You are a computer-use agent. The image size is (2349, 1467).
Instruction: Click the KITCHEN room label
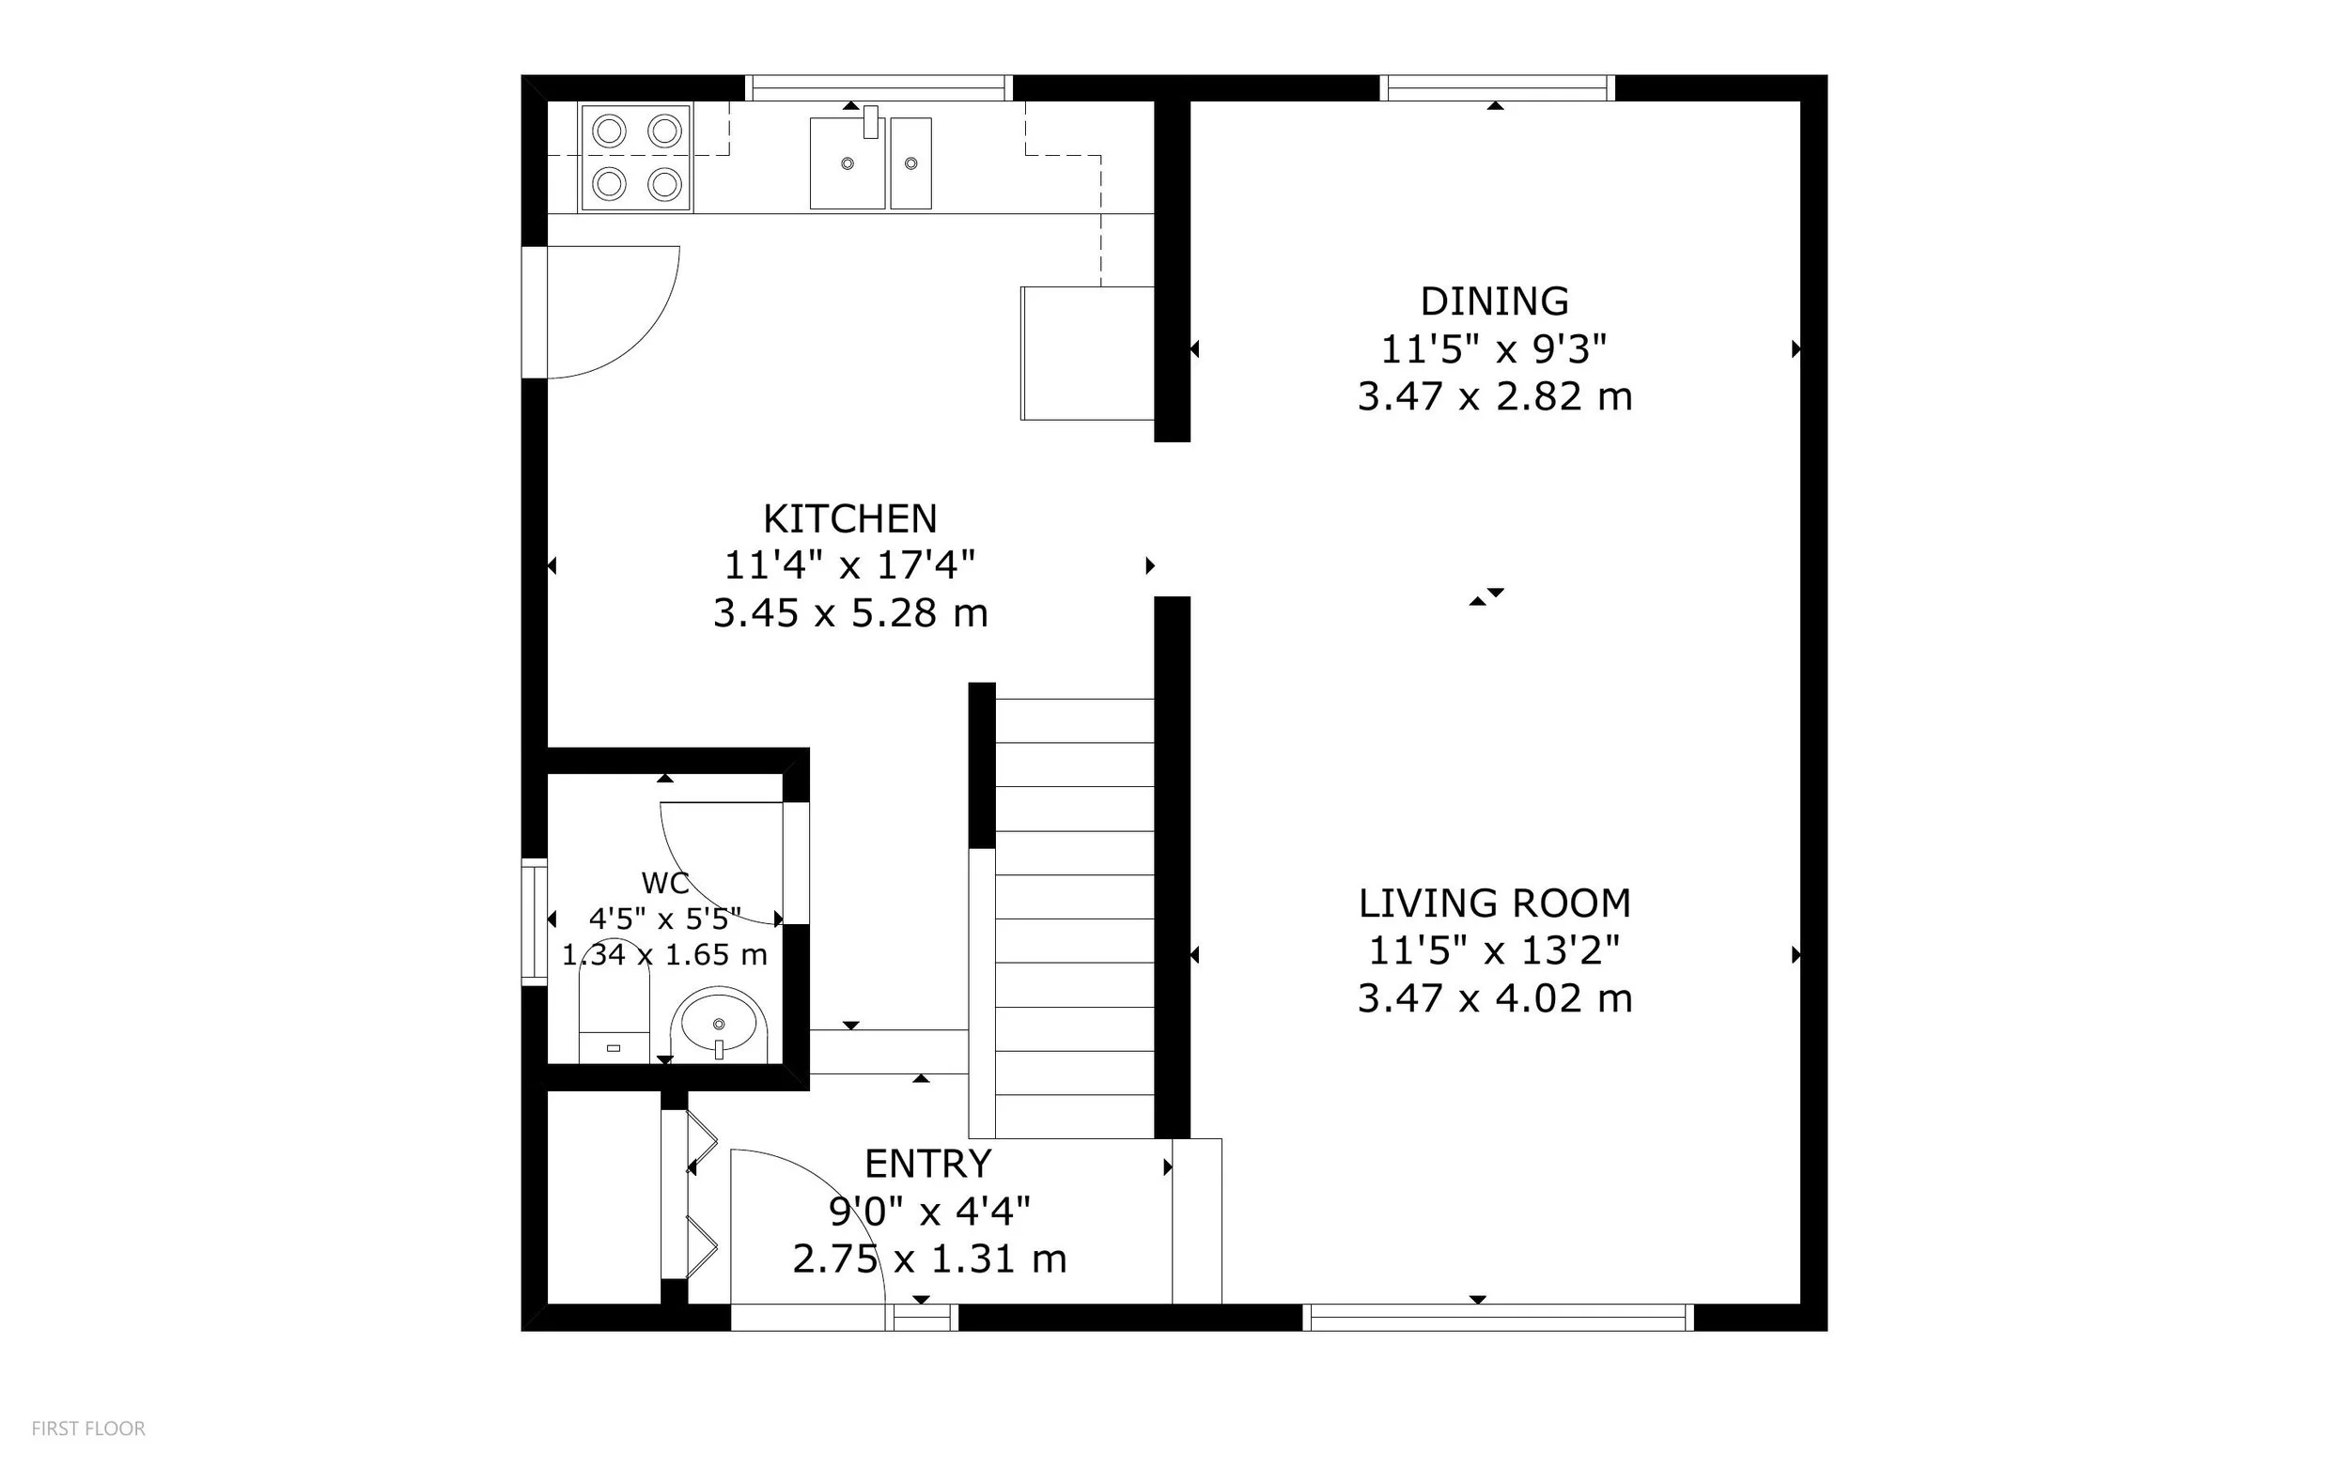coord(850,519)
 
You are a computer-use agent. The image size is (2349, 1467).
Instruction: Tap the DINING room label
coord(1495,301)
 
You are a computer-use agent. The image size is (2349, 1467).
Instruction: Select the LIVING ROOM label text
coord(1495,903)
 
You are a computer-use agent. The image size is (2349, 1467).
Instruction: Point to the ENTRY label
coord(928,1164)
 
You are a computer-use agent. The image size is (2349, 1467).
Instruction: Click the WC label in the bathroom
coord(665,883)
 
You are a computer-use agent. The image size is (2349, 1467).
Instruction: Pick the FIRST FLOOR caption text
coord(88,1428)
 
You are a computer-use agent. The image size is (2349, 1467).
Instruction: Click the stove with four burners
coord(636,157)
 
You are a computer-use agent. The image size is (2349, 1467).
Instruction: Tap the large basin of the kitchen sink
coord(848,163)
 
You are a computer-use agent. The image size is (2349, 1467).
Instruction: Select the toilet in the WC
coord(614,1001)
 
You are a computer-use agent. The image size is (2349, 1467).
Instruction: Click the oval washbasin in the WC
coord(719,1025)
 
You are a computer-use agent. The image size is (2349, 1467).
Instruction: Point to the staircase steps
coord(1075,918)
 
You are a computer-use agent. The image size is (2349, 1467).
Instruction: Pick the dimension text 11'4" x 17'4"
coord(850,564)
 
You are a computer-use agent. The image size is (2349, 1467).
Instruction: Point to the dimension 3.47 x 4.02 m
coord(1495,998)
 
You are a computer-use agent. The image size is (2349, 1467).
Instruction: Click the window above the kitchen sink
coord(879,88)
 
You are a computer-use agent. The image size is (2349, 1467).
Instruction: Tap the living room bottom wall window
coord(1498,1318)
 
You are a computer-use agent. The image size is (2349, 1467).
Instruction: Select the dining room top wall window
coord(1498,88)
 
